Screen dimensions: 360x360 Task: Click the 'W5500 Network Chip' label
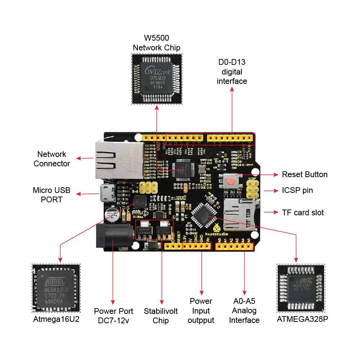point(157,42)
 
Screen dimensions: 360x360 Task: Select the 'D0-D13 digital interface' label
point(232,72)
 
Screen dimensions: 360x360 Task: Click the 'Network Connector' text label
point(52,159)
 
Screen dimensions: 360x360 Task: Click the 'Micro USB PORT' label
point(51,194)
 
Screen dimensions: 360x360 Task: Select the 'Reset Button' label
point(305,175)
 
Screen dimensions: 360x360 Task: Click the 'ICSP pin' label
point(297,190)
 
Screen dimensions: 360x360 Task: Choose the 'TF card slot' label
point(303,212)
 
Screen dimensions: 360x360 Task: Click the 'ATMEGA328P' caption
point(302,319)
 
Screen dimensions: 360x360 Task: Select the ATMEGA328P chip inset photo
point(301,288)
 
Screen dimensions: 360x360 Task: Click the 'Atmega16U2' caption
point(56,319)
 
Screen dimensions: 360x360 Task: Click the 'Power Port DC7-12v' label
point(113,315)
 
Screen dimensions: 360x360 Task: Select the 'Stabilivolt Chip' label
point(161,315)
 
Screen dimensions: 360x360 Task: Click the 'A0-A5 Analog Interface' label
point(244,310)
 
